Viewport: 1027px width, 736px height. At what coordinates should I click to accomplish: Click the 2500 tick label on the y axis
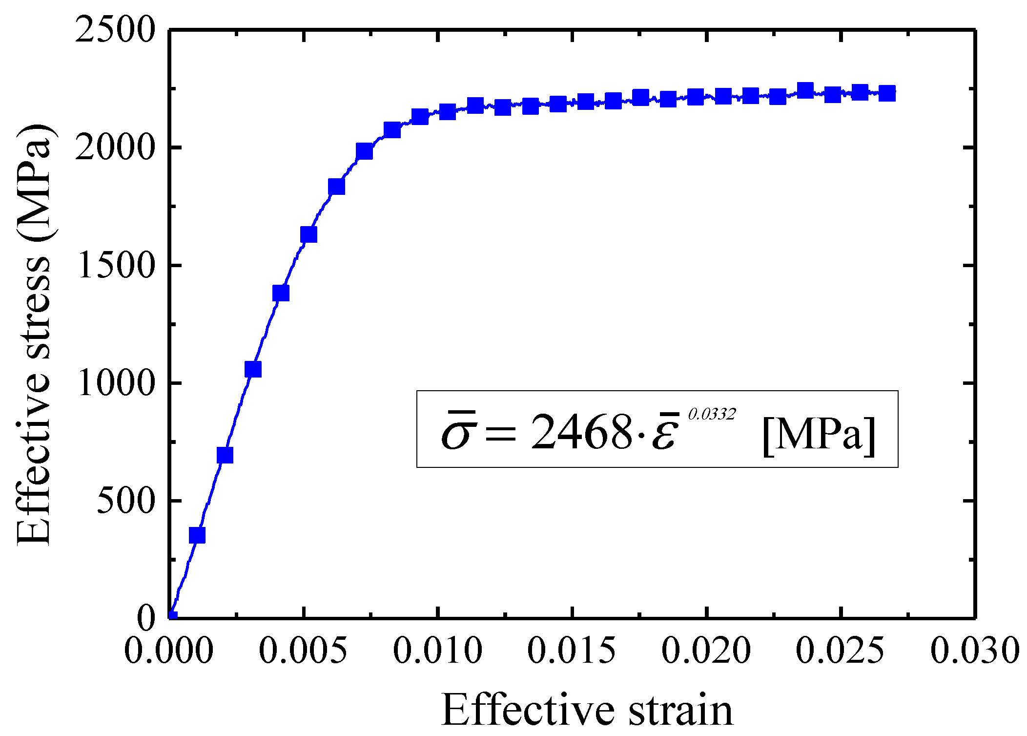coord(115,30)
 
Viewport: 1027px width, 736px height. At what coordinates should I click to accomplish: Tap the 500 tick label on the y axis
coord(126,501)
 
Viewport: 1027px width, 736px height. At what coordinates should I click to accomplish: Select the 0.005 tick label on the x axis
coord(303,651)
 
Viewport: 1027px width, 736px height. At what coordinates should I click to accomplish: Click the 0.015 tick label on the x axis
coord(572,651)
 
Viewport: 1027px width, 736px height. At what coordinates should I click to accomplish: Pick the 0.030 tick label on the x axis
coord(975,651)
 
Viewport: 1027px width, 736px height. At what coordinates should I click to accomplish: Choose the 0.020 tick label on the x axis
coord(706,651)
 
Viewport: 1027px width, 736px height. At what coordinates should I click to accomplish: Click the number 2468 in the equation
coord(581,432)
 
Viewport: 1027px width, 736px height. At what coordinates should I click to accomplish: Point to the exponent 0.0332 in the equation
coord(711,414)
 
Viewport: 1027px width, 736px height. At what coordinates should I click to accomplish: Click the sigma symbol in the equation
coord(456,432)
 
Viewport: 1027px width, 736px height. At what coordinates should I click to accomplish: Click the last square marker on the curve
coord(886,93)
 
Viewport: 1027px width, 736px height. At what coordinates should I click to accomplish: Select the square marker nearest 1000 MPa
coord(253,369)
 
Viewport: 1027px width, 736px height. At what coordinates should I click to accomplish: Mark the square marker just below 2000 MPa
coord(364,151)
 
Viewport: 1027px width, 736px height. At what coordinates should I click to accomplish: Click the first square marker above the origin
coord(197,535)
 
